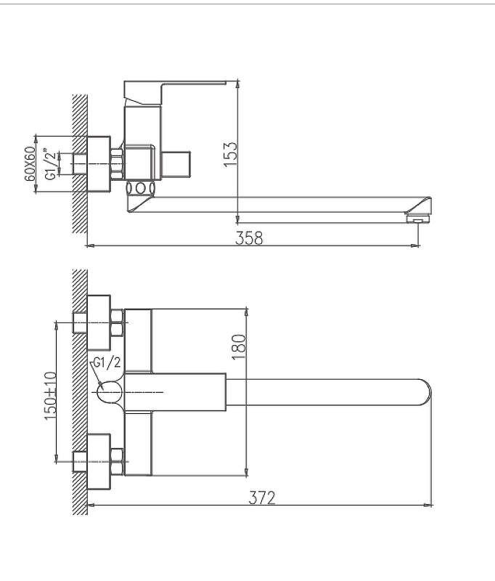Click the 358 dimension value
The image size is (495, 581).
tap(249, 238)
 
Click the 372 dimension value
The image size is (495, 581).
tap(262, 497)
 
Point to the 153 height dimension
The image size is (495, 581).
tap(230, 154)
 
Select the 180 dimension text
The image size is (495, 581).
tap(238, 347)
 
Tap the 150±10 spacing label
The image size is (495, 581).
tap(50, 396)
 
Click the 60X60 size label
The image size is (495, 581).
tap(30, 163)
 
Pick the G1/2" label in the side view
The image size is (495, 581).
tap(52, 164)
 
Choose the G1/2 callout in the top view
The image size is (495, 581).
tap(107, 362)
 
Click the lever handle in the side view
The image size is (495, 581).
tap(175, 92)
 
